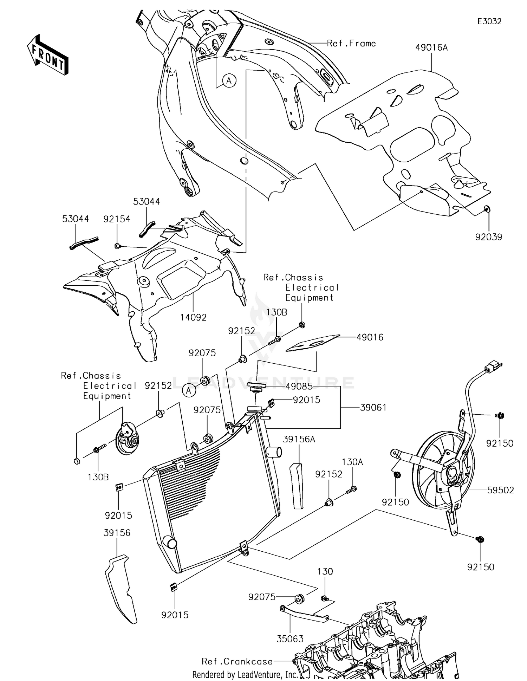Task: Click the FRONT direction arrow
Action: (48, 54)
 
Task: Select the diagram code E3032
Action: (489, 21)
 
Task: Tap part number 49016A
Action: (431, 47)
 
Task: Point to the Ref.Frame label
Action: (351, 43)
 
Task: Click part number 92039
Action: (489, 237)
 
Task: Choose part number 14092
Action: (193, 317)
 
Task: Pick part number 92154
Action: (117, 219)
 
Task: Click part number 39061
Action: (373, 408)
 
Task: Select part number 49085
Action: (299, 387)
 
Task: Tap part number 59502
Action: (500, 490)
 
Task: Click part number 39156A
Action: (299, 439)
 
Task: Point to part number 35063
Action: (290, 639)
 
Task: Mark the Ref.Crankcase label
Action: (237, 661)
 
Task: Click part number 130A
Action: (352, 462)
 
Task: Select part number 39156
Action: (117, 533)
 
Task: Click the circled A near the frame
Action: (229, 81)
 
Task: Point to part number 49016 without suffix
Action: (370, 337)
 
